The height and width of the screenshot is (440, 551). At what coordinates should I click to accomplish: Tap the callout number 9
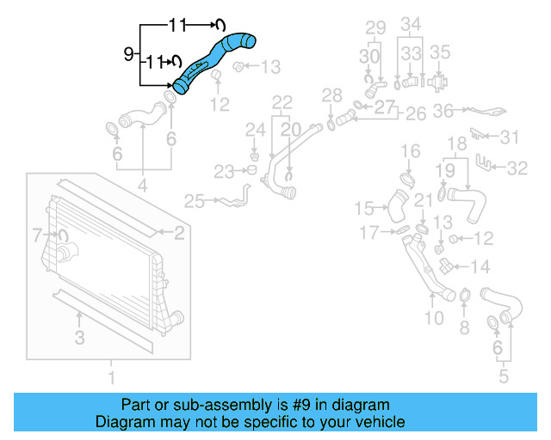[x=128, y=54]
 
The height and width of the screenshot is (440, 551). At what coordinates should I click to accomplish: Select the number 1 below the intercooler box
[x=110, y=377]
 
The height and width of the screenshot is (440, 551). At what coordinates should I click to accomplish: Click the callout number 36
[x=443, y=111]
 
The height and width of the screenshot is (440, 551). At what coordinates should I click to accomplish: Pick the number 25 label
[x=194, y=202]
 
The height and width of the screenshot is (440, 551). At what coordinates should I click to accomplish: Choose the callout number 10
[x=433, y=319]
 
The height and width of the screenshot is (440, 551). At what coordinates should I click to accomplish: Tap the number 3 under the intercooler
[x=79, y=338]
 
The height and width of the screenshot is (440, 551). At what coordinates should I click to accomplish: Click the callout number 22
[x=282, y=102]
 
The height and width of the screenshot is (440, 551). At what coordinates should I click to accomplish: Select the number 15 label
[x=365, y=208]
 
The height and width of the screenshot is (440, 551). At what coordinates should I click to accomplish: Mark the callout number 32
[x=517, y=168]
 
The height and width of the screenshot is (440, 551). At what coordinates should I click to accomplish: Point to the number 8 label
[x=464, y=327]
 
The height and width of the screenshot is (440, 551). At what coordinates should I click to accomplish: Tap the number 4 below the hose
[x=142, y=184]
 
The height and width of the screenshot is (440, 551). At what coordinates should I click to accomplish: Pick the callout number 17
[x=368, y=232]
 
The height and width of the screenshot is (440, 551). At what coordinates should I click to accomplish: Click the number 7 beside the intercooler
[x=37, y=234]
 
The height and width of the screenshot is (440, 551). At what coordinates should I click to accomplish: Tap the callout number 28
[x=331, y=95]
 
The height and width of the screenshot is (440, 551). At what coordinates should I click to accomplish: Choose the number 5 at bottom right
[x=505, y=376]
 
